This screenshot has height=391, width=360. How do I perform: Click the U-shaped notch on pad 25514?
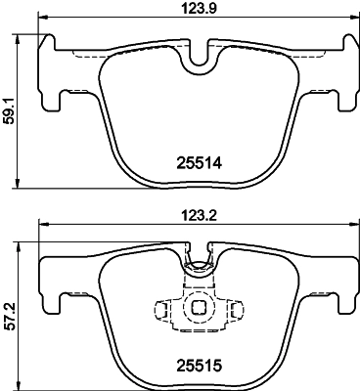click(202, 60)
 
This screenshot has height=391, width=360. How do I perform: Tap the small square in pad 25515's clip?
click(201, 307)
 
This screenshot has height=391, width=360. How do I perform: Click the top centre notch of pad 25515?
click(202, 261)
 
